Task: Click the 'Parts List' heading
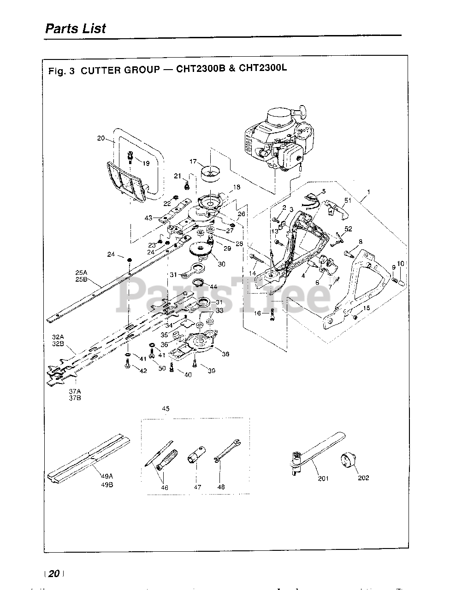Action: [75, 29]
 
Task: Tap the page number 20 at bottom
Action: [54, 573]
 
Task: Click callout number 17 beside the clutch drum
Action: [193, 162]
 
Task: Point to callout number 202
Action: [363, 478]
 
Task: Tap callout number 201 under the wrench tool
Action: [323, 478]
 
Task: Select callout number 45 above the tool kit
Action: [166, 408]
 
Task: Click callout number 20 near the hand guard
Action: [101, 138]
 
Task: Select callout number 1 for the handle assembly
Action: [369, 191]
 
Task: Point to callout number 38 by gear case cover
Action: [225, 354]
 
